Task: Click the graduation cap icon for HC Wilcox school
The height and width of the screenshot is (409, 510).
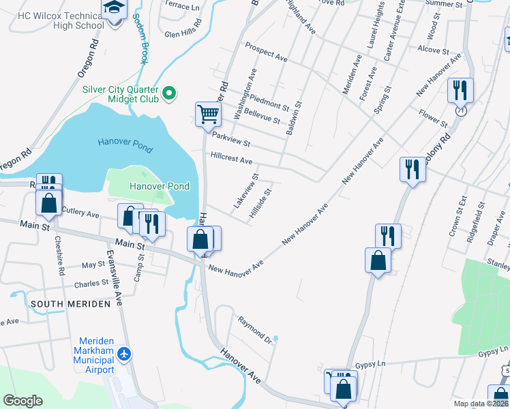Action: tap(113, 7)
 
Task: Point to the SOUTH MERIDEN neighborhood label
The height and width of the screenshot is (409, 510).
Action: tap(69, 303)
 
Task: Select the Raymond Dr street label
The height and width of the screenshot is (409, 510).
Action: tap(255, 329)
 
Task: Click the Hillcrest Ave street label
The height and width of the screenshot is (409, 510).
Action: tap(232, 157)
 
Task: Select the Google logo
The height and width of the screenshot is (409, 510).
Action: tap(22, 401)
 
